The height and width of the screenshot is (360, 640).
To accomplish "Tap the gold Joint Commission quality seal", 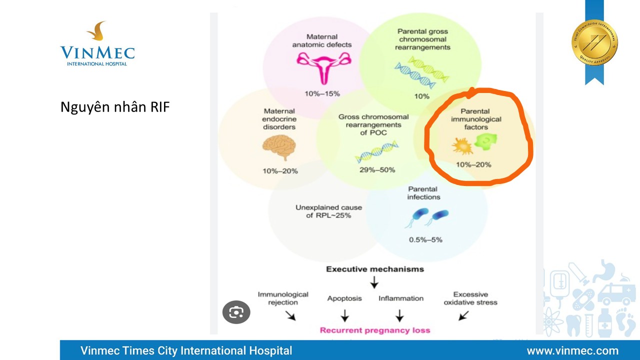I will (594, 42).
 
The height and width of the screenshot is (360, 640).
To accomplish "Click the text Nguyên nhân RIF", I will (115, 107).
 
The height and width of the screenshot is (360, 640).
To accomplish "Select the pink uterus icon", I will (321, 66).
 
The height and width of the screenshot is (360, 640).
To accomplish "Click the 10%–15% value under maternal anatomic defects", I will (322, 93).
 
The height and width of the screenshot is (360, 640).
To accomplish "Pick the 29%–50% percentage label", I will (377, 169).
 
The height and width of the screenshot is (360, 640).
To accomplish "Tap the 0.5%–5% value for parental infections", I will (425, 239).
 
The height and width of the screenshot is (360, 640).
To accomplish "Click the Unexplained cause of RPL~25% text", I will (328, 211).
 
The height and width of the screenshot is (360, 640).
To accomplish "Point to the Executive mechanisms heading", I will (375, 269).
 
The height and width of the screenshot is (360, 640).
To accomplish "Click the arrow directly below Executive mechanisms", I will (374, 283).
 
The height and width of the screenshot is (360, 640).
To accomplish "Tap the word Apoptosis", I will (344, 298).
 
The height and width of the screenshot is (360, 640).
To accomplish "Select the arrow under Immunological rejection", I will (290, 315).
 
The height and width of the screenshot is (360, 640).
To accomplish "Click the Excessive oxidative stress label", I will (470, 298).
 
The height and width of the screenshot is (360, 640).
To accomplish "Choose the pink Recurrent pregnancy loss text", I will (375, 330).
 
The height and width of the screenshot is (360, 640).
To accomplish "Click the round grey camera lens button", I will (236, 313).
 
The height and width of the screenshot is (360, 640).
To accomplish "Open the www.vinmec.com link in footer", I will (572, 350).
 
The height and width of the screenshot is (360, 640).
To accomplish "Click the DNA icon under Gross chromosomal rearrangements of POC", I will (377, 152).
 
